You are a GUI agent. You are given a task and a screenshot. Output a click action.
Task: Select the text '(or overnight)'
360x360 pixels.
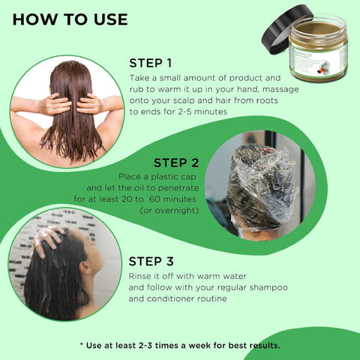point(169,211)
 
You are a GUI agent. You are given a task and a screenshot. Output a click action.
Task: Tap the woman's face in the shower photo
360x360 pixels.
point(92,262)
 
